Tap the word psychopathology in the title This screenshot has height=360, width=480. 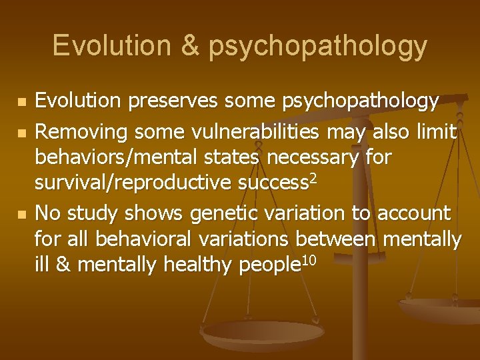(x=317, y=47)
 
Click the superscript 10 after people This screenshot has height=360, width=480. (x=308, y=259)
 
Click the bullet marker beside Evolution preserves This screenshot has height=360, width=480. (x=22, y=103)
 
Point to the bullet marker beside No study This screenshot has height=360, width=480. (x=22, y=213)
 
